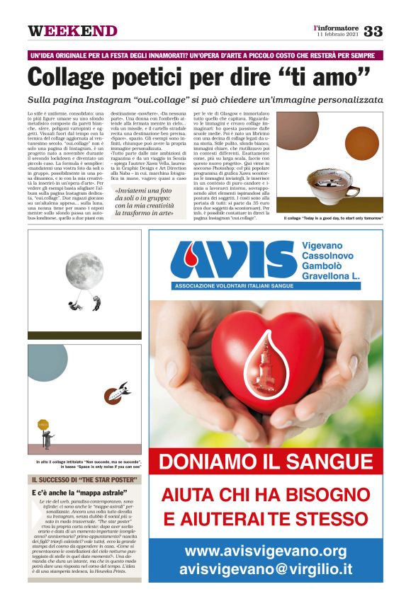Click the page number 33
pyautogui.click(x=373, y=30)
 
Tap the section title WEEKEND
pyautogui.click(x=72, y=31)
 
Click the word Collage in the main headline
pyautogui.click(x=77, y=76)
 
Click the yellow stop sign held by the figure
pyautogui.click(x=45, y=425)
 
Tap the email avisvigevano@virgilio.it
pyautogui.click(x=266, y=569)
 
